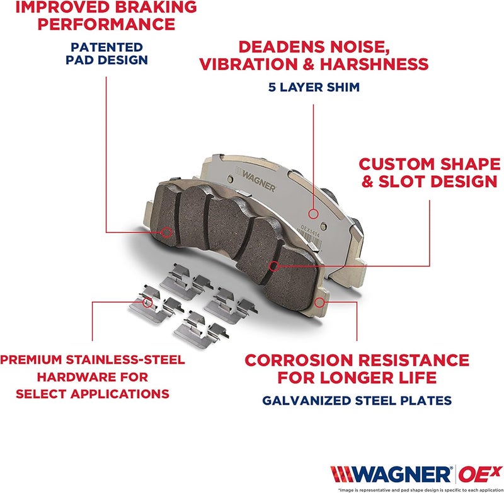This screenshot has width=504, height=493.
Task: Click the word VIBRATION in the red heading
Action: [248, 64]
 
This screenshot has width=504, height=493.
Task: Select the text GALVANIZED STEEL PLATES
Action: [357, 400]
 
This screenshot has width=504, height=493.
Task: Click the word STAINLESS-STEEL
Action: [130, 360]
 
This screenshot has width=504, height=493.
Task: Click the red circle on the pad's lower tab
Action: [320, 302]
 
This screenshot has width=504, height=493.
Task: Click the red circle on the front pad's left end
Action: [166, 232]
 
